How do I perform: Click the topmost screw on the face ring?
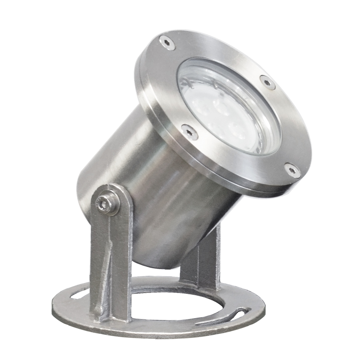[x=167, y=42]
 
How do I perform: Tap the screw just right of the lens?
[x=267, y=83]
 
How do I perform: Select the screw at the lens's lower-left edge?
[x=188, y=130]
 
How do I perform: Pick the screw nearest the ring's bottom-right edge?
[x=292, y=170]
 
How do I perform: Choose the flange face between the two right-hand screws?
[x=288, y=126]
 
